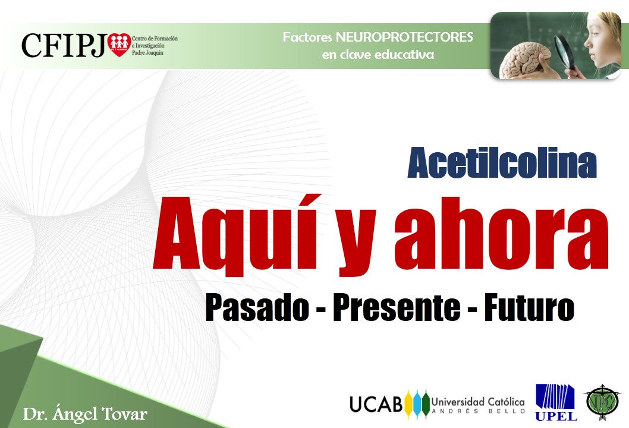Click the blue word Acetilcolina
(x=502, y=163)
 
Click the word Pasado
(x=257, y=307)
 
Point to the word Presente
(x=397, y=307)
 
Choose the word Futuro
(x=529, y=307)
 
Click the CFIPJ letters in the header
(x=64, y=45)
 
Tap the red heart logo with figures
(x=119, y=45)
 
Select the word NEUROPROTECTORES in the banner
(x=404, y=37)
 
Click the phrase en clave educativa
(x=378, y=55)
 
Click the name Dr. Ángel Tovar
(x=85, y=414)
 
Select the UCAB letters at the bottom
(x=376, y=404)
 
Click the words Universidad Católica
(x=478, y=401)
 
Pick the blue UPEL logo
(x=556, y=402)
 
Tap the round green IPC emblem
(x=601, y=402)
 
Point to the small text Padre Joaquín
(x=147, y=53)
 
